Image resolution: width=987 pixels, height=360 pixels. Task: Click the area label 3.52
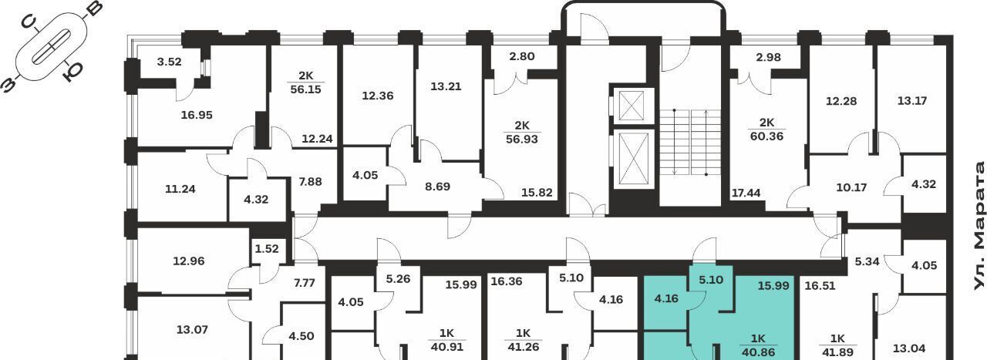169,62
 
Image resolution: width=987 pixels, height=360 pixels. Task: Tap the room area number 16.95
197,115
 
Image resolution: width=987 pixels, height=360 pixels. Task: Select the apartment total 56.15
306,89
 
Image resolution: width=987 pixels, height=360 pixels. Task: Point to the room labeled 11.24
180,189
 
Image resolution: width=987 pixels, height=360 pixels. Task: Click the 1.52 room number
267,249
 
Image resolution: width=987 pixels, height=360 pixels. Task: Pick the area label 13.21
446,86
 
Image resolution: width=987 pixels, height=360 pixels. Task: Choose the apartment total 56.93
522,140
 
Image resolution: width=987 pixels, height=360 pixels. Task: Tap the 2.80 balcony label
522,56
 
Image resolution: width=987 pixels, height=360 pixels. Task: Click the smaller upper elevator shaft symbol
634,106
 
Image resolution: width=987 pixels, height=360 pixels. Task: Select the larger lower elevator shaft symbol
634,159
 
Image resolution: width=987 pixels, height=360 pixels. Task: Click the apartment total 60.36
766,136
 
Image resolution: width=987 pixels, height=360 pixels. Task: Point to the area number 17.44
746,193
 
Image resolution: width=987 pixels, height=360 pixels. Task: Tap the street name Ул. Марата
979,226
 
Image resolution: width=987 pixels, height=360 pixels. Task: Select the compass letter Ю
72,72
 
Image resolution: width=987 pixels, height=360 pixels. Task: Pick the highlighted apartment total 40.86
758,352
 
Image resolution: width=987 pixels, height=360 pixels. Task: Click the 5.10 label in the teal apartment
711,280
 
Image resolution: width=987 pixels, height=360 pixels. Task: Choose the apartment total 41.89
837,352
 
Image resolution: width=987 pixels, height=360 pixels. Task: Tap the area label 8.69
437,187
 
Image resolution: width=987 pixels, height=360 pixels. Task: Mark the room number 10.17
851,188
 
